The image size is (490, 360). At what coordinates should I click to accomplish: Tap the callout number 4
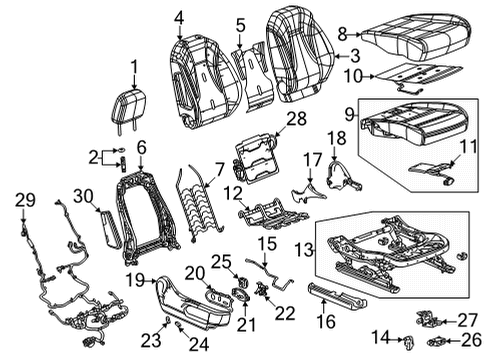[178, 16]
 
